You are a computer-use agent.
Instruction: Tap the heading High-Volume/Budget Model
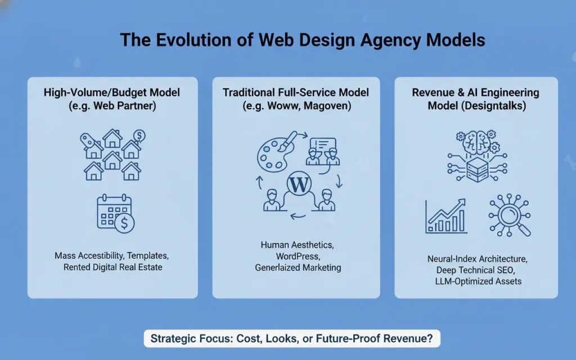tap(112, 92)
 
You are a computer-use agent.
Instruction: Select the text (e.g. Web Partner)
tap(112, 106)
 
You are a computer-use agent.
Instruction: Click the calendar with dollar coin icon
tap(115, 214)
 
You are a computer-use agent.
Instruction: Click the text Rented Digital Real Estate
tap(112, 267)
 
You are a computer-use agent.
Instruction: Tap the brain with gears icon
tap(476, 142)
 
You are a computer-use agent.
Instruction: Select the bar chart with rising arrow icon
tap(446, 216)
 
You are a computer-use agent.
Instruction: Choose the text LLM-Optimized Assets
tap(476, 281)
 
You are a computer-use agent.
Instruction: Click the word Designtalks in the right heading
tap(497, 106)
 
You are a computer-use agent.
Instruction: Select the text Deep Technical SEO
tap(476, 270)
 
